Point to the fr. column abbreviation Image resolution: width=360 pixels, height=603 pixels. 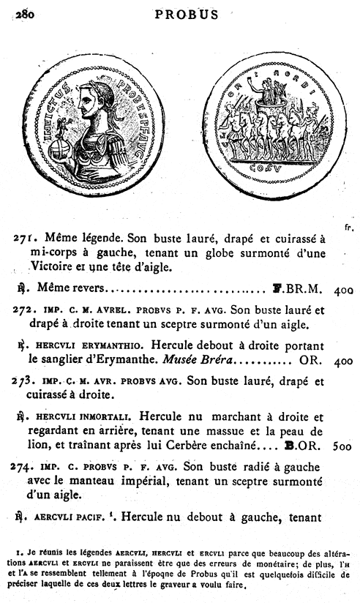(x=350, y=228)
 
